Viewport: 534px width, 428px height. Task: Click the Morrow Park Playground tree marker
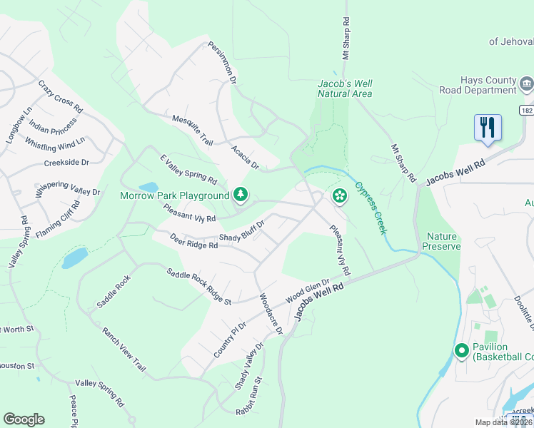click(241, 194)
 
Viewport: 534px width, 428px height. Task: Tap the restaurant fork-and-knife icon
click(488, 128)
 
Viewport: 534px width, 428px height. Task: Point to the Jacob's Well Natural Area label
click(345, 88)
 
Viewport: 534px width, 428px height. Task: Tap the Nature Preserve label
click(443, 241)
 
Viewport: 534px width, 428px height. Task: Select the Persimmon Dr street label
click(222, 63)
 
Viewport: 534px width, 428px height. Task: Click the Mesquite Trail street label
click(193, 130)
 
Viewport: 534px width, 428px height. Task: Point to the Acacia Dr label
click(244, 157)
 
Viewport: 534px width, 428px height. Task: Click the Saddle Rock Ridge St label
click(199, 286)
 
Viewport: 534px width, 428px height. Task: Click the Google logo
click(24, 419)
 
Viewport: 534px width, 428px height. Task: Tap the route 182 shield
click(526, 111)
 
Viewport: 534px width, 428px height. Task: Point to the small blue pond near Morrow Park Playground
click(148, 188)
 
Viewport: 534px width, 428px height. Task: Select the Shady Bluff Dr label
click(242, 231)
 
